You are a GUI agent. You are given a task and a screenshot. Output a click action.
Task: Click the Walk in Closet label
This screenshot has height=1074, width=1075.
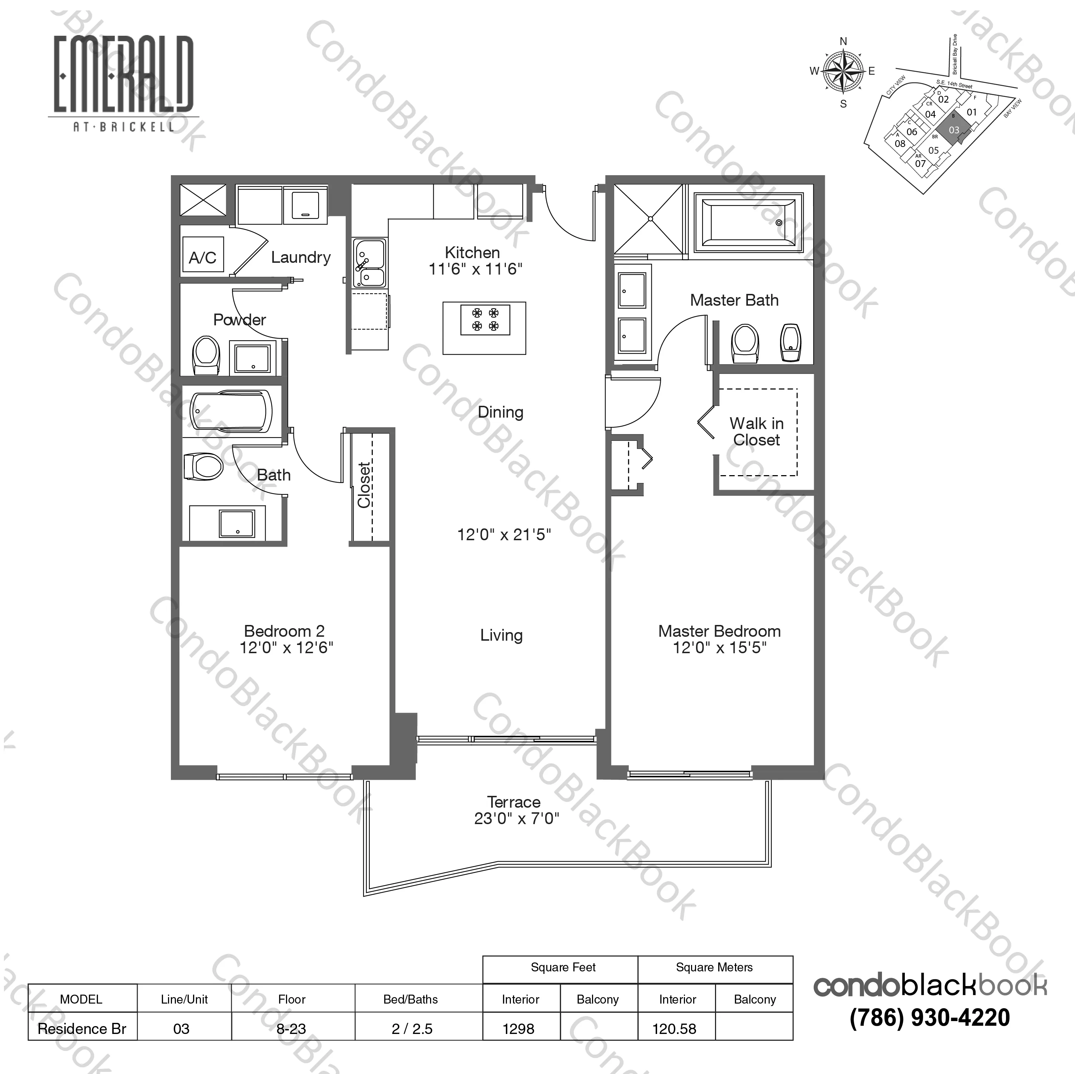756,431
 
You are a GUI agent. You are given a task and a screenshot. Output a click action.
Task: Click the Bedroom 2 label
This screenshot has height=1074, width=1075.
284,631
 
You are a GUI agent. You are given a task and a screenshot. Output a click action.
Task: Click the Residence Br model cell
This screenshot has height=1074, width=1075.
82,1029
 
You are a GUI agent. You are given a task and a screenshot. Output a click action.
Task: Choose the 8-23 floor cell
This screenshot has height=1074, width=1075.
292,1029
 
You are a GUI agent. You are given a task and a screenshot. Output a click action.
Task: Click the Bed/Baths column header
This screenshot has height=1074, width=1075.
411,999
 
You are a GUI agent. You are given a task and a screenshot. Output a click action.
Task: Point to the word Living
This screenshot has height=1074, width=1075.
501,635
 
